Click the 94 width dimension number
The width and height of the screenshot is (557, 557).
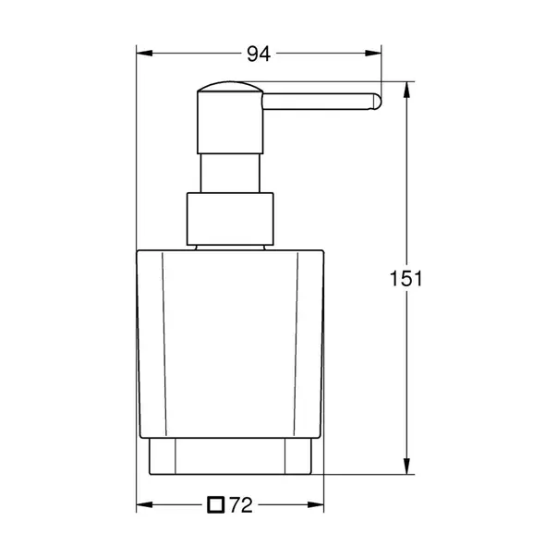coord(258,54)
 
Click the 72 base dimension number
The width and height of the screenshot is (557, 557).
coord(241,504)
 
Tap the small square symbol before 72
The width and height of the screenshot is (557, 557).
coord(216,504)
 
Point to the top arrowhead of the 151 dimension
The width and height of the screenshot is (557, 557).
coord(406,87)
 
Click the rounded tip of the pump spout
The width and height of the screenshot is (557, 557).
coord(375,103)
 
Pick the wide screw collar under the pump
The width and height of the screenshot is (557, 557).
coord(231,220)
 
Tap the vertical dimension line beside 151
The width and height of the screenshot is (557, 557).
coord(406,369)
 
